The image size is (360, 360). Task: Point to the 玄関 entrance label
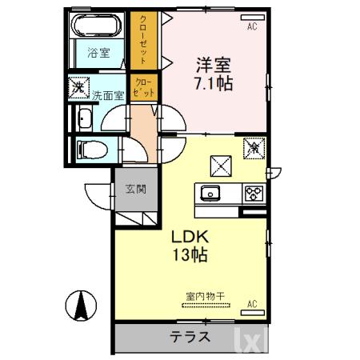134,190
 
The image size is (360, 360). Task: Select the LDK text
189,238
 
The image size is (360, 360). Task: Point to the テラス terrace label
190,337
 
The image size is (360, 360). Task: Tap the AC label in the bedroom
251,26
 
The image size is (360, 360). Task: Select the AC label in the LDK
251,304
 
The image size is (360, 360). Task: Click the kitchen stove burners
254,193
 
